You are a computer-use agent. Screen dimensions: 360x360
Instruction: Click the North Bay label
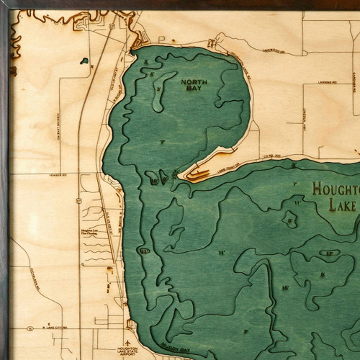pyautogui.click(x=194, y=86)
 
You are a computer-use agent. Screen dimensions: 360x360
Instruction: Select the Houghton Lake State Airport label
pyautogui.click(x=127, y=352)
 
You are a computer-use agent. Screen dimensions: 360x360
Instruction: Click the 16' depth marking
pyautogui.click(x=284, y=288)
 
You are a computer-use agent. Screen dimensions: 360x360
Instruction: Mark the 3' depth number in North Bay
pyautogui.click(x=158, y=89)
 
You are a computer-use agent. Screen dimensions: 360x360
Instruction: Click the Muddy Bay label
pyautogui.click(x=175, y=351)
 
